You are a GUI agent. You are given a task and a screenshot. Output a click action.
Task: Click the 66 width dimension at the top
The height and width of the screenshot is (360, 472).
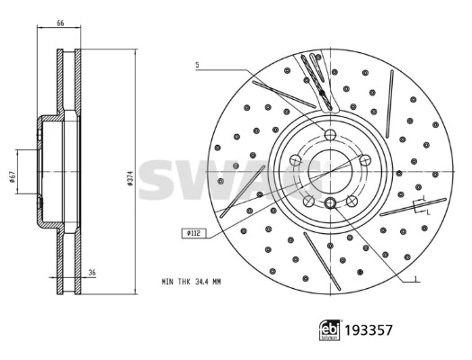pyautogui.click(x=60, y=22)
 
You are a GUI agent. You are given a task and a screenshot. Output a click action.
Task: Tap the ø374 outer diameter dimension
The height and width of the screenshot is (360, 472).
pyautogui.click(x=130, y=176)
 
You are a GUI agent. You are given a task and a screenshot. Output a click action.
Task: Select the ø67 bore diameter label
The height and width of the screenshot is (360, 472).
pyautogui.click(x=12, y=176)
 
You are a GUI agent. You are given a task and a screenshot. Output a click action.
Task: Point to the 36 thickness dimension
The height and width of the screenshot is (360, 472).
pyautogui.click(x=92, y=273)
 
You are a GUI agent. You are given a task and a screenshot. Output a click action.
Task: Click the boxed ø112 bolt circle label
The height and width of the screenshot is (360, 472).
pyautogui.click(x=194, y=233)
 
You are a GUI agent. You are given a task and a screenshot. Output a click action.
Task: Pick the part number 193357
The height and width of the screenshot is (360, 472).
pyautogui.click(x=369, y=330)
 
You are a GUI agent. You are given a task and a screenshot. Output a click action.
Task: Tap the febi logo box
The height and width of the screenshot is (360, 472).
pyautogui.click(x=330, y=330)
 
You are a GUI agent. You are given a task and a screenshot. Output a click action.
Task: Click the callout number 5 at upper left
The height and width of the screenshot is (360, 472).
pyautogui.click(x=197, y=65)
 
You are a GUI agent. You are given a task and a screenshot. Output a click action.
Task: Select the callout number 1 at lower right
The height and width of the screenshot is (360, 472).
pyautogui.click(x=415, y=279)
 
